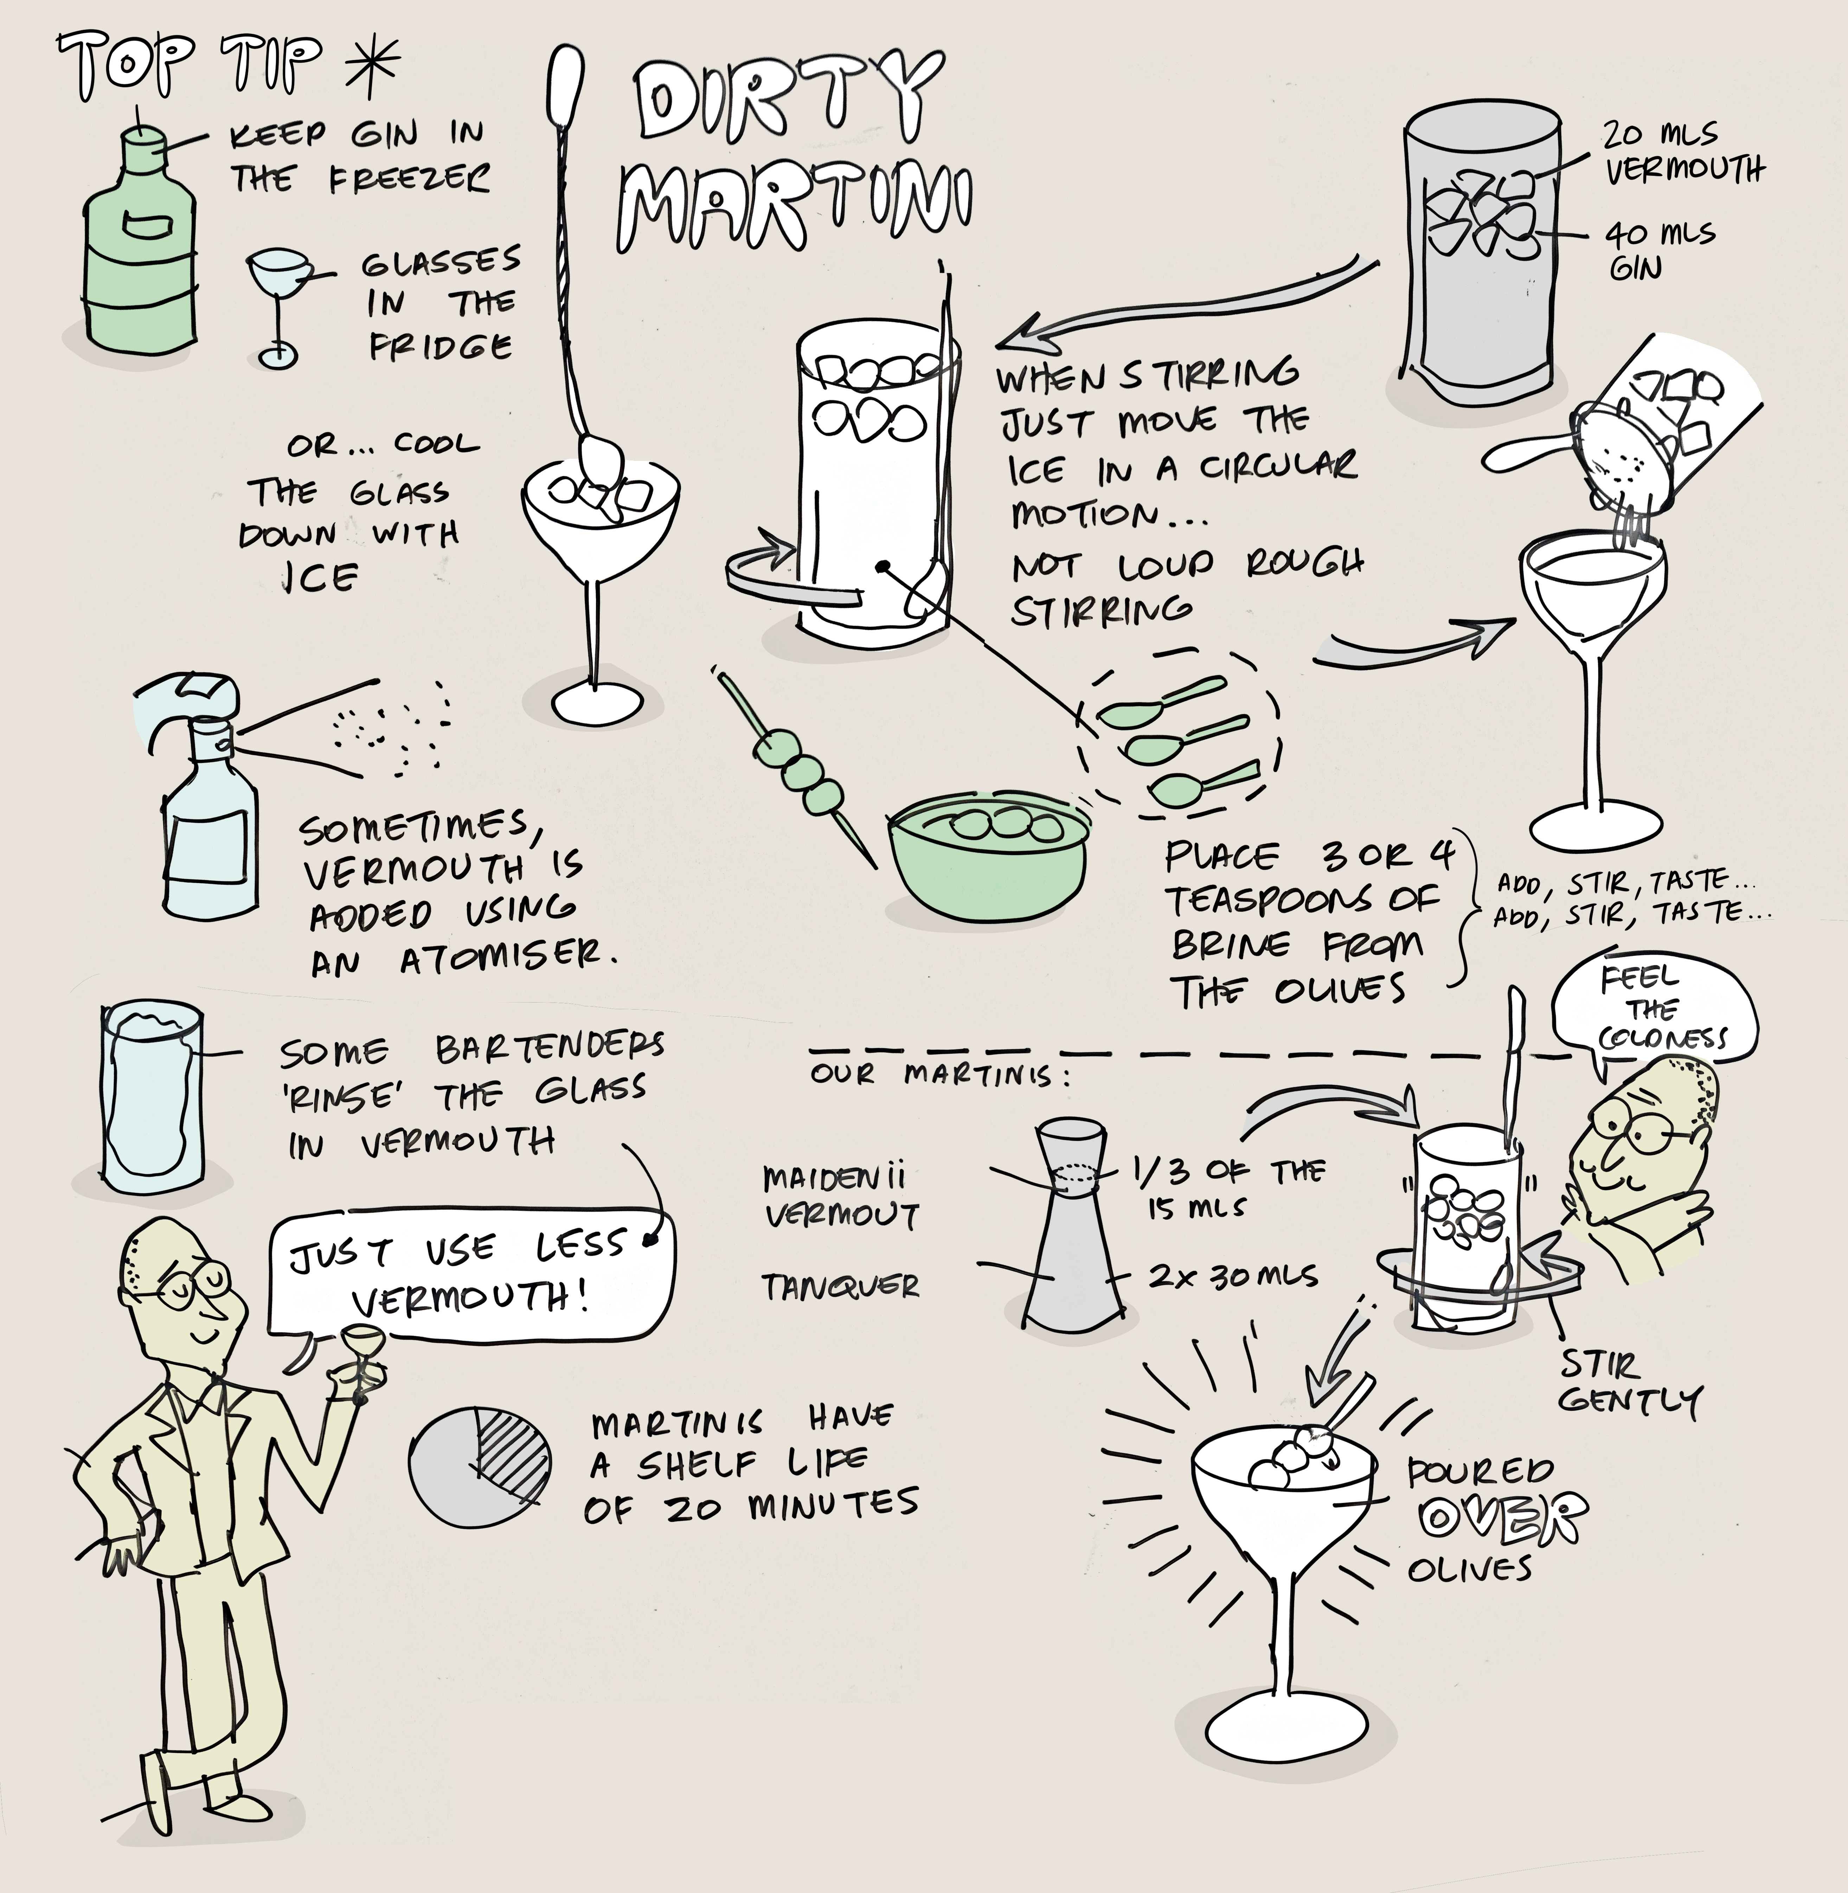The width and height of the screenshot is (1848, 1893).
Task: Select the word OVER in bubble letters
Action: (x=1502, y=1518)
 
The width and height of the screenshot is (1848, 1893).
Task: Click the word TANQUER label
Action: (x=840, y=1288)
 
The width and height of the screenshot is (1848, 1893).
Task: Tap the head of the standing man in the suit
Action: (x=180, y=1281)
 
